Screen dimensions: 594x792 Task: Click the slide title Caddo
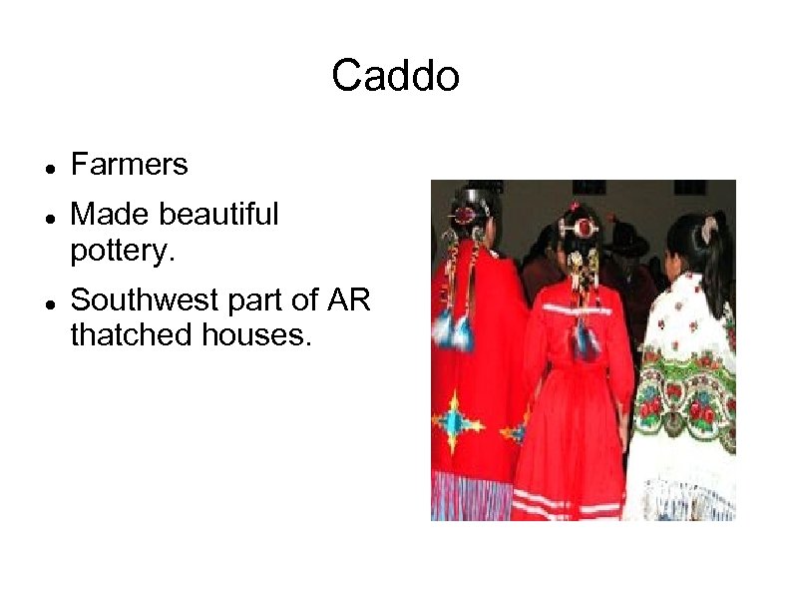point(395,76)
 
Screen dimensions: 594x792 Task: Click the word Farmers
point(129,165)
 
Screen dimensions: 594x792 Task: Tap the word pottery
point(123,250)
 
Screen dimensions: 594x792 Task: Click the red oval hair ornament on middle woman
point(582,229)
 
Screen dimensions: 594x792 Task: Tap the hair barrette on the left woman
point(464,215)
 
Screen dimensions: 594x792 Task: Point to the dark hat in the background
point(628,240)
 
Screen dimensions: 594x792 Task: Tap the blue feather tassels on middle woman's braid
point(586,340)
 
